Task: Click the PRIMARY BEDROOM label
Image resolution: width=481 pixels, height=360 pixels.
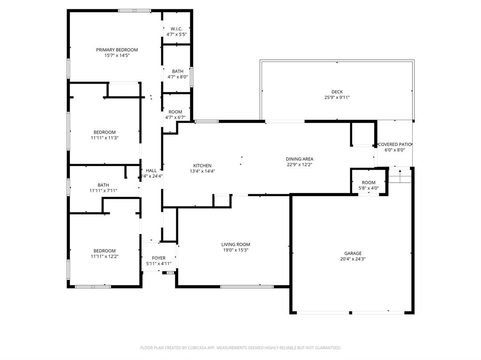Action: click(117, 50)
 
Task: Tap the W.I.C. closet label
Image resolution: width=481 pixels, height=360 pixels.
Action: click(176, 29)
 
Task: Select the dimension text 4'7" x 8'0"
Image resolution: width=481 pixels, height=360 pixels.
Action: click(178, 77)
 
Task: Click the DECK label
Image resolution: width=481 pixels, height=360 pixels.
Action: click(337, 92)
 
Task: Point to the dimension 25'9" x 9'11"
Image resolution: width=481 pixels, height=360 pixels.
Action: click(337, 98)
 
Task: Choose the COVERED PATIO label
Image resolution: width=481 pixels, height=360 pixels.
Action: click(395, 145)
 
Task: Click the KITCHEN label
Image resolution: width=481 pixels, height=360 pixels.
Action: click(202, 166)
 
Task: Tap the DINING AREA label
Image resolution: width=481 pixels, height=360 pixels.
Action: click(300, 159)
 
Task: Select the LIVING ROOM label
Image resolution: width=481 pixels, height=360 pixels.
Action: click(236, 245)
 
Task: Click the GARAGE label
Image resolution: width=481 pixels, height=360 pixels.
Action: click(353, 253)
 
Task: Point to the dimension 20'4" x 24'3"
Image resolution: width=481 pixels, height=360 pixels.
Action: click(353, 259)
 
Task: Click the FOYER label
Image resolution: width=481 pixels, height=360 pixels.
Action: click(158, 258)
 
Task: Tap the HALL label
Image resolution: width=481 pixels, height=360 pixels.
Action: click(151, 171)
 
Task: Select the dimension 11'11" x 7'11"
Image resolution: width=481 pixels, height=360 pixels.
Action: click(103, 191)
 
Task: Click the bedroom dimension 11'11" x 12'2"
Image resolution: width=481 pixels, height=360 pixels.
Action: click(104, 256)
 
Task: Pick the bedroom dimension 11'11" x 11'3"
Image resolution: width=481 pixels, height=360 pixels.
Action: click(104, 138)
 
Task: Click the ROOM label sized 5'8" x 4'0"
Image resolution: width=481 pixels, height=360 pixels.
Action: click(369, 183)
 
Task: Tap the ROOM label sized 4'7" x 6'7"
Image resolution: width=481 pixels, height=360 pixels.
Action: click(175, 112)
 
